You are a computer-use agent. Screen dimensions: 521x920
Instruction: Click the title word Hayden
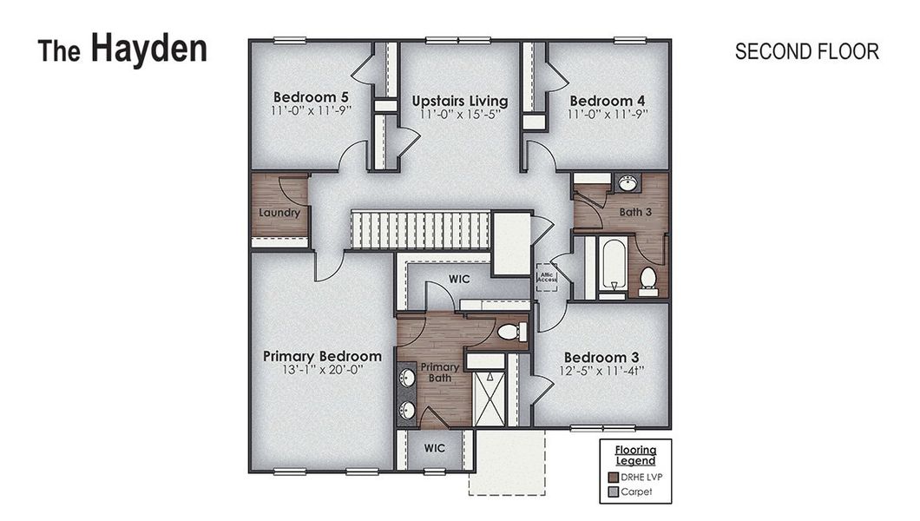(x=148, y=49)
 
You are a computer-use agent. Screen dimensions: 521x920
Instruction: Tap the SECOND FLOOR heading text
(x=806, y=52)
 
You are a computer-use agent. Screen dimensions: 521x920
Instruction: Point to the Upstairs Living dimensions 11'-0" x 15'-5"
(x=459, y=114)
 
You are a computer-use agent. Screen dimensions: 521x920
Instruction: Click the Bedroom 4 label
(x=607, y=100)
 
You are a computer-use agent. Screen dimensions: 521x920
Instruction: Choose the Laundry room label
(x=279, y=213)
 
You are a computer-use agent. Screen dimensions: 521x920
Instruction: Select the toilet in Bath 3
(x=647, y=280)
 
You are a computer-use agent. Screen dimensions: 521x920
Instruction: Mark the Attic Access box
(x=546, y=277)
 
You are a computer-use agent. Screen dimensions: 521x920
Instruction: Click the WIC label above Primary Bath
(x=459, y=280)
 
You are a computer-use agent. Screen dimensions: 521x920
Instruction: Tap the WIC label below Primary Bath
(x=435, y=448)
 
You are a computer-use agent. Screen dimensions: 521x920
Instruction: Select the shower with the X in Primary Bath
(x=488, y=396)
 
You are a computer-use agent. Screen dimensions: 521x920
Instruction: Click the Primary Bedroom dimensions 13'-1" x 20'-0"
(x=322, y=370)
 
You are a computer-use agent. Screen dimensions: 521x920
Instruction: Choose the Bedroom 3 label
(x=601, y=358)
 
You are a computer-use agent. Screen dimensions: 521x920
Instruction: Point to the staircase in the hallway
(x=420, y=229)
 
